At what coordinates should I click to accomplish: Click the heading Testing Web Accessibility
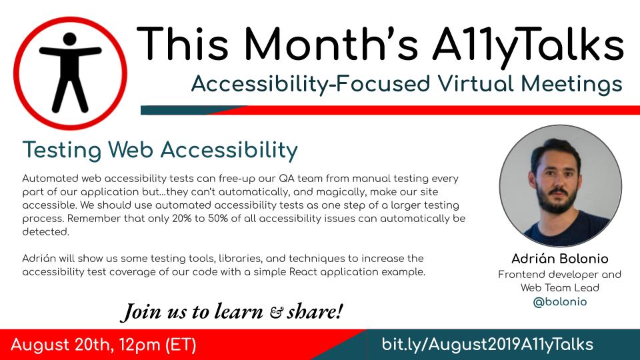160,150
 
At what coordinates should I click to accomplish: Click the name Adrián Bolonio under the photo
560,259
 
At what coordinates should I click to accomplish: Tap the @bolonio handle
560,302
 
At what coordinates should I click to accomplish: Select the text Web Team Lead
560,288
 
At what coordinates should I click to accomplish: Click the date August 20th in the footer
65,345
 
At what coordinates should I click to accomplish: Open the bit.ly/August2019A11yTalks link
487,345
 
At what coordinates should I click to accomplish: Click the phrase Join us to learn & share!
231,311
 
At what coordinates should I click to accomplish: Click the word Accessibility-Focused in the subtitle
277,84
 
